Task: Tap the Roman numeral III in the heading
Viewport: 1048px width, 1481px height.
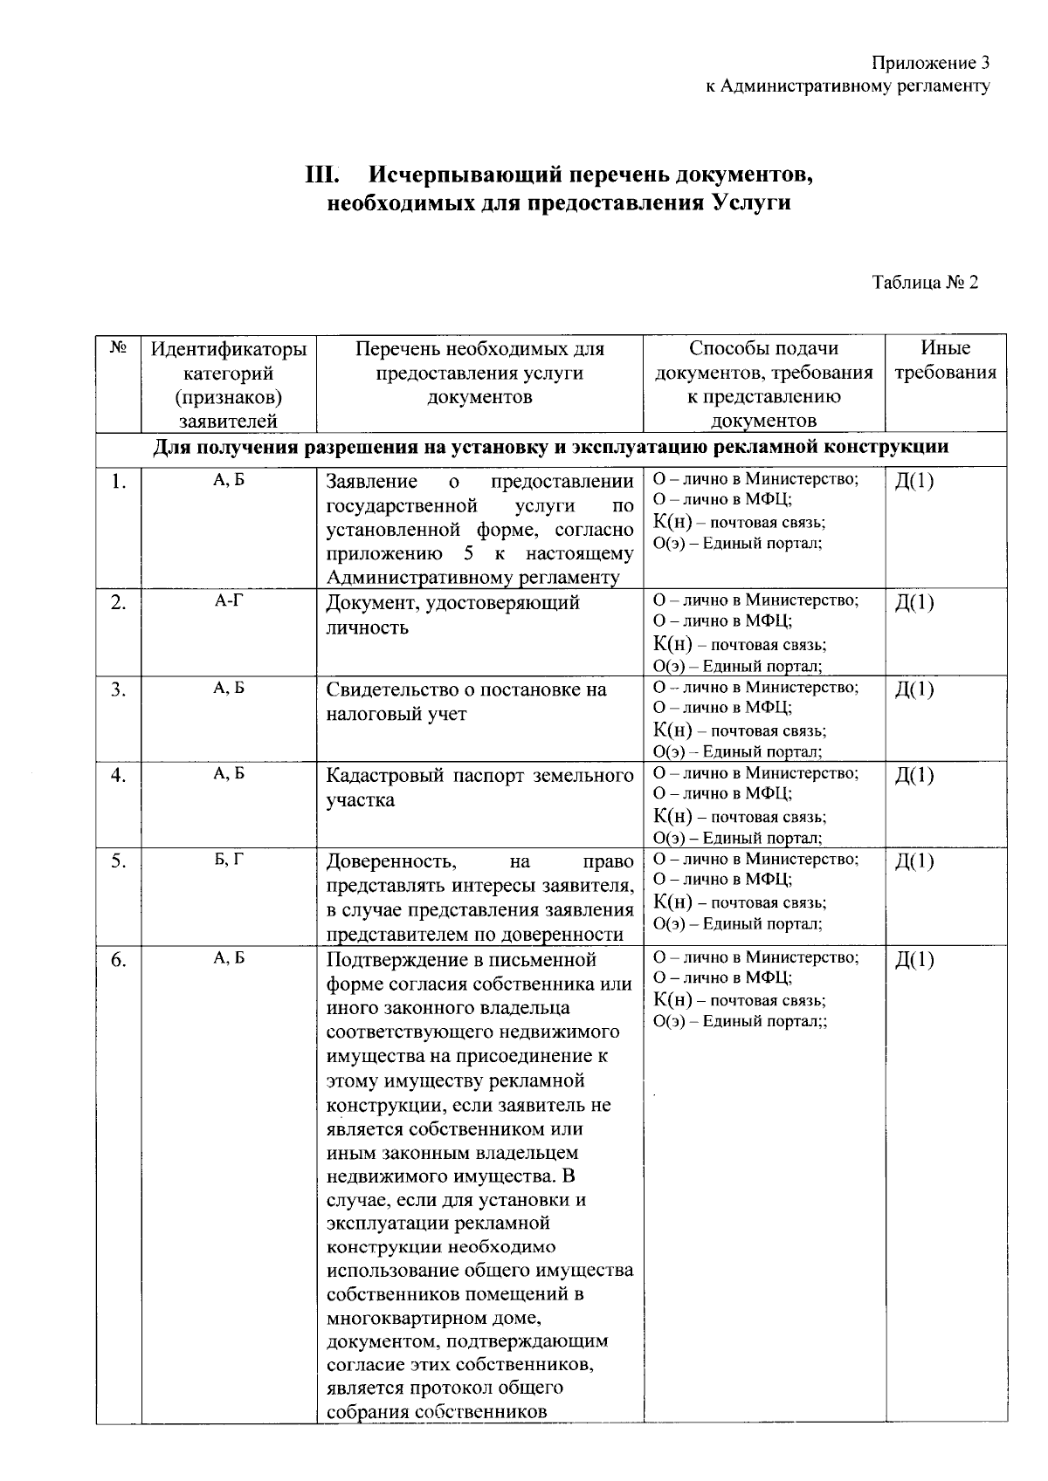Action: [x=321, y=175]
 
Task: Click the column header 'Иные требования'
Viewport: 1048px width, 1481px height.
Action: [x=946, y=360]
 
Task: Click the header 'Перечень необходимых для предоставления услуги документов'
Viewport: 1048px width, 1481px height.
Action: [x=479, y=373]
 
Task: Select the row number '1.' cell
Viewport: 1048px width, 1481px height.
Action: [x=119, y=483]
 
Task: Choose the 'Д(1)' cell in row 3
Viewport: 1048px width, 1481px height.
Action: [x=914, y=689]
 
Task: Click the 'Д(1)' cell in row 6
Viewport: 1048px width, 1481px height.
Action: [x=914, y=960]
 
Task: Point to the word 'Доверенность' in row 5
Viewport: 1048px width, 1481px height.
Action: [x=391, y=861]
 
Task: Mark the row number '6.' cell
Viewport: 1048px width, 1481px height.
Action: [x=119, y=961]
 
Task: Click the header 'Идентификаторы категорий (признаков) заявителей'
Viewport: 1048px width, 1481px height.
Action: [x=229, y=384]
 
